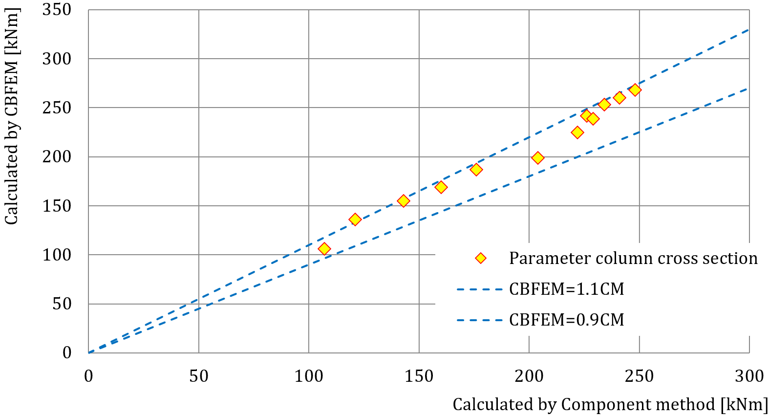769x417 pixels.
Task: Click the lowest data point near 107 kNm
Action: [x=324, y=249]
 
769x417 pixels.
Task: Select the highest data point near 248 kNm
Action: [x=635, y=90]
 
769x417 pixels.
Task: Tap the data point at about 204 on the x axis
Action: [x=537, y=158]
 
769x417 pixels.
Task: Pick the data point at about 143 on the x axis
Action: [x=403, y=201]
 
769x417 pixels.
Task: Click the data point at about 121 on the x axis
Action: [x=355, y=219]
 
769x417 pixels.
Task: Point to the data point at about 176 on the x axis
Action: [x=476, y=170]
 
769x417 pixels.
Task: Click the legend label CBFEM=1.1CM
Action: [x=566, y=289]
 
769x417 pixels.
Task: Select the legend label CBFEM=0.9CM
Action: [x=566, y=320]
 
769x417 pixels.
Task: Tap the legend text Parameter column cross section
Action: [x=633, y=258]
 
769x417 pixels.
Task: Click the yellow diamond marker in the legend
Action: [x=481, y=258]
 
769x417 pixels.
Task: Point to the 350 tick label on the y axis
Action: [x=57, y=10]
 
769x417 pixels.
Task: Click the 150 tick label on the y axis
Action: [x=57, y=206]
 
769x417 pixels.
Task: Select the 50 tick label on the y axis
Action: [x=62, y=304]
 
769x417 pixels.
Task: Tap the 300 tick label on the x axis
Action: [x=749, y=376]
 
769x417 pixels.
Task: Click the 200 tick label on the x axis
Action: [x=529, y=376]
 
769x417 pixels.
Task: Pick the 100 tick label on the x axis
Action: [x=308, y=376]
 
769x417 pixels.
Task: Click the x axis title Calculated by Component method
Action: [x=610, y=405]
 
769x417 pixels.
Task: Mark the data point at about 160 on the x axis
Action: [x=441, y=187]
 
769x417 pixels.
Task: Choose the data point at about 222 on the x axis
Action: [x=577, y=132]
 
